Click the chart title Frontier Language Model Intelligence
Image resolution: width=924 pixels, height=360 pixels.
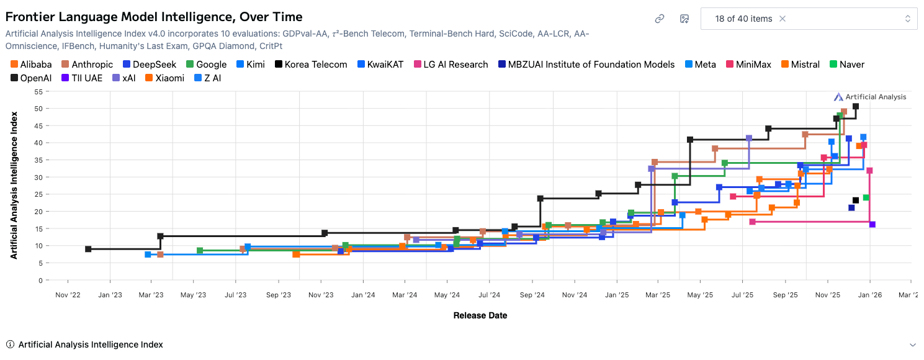pos(154,17)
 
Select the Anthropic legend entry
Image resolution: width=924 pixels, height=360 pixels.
pos(86,65)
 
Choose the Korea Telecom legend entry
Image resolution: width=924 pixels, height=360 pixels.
pos(311,65)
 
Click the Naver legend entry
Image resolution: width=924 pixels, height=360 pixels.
pos(846,65)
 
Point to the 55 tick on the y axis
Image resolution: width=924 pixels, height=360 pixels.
pos(38,92)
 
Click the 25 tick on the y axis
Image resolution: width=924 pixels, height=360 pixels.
pos(38,195)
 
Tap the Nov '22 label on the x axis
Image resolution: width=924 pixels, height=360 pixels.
pos(68,295)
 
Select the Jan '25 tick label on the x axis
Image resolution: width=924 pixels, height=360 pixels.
pos(616,295)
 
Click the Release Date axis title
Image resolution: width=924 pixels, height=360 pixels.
pos(480,315)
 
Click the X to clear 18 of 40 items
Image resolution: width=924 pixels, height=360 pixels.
pos(783,19)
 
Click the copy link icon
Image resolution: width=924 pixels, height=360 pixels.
pos(660,19)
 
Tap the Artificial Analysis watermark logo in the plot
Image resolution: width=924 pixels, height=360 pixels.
pos(870,97)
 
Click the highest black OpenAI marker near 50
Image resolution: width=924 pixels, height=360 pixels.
pos(856,106)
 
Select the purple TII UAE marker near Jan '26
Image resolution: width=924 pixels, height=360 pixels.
pos(872,225)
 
